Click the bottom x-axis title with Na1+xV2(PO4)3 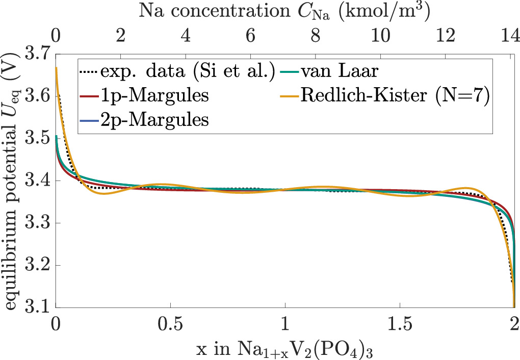285,349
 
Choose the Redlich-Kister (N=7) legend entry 396,96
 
